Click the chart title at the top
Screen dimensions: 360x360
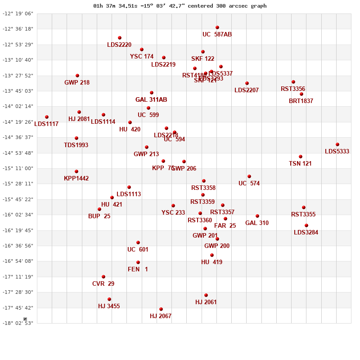[x=180, y=6]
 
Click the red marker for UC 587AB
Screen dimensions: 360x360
[x=217, y=27]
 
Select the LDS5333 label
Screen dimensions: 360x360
[x=337, y=152]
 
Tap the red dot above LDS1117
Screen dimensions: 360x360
[x=47, y=117]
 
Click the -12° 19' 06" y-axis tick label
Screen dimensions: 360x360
[x=18, y=13]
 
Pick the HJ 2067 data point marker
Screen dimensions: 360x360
[x=161, y=309]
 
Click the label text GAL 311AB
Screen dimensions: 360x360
[x=151, y=100]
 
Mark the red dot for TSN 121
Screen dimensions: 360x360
[x=301, y=157]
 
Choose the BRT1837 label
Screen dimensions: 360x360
[x=301, y=101]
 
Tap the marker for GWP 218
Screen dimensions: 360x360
[x=77, y=76]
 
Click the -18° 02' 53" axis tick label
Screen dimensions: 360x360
[x=18, y=323]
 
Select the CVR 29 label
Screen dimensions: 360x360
[x=103, y=284]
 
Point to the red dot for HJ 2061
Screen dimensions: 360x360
[x=206, y=295]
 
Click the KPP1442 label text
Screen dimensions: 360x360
[x=76, y=179]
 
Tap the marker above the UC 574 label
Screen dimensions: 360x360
[x=249, y=176]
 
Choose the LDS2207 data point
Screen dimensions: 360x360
[x=247, y=83]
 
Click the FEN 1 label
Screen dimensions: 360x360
[x=138, y=270]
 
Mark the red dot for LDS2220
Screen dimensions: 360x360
[x=120, y=38]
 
